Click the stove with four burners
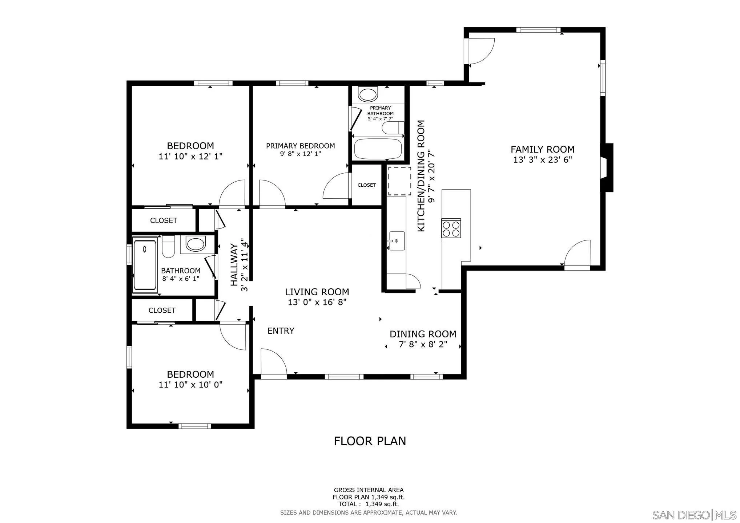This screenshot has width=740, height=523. [x=451, y=228]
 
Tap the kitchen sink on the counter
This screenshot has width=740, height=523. [x=397, y=240]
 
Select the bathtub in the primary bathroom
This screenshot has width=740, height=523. [x=378, y=149]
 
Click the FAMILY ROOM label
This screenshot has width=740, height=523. [x=542, y=149]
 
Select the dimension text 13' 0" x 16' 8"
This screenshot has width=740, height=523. [x=317, y=302]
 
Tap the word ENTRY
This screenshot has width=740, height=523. [x=281, y=331]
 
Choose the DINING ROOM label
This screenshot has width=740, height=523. [x=423, y=334]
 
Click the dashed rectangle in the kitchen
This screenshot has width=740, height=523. [x=399, y=181]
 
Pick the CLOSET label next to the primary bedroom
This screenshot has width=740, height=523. [x=366, y=185]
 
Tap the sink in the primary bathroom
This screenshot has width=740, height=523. [x=368, y=94]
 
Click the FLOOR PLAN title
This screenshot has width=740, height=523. [x=370, y=441]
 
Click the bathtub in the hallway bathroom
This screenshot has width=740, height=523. [x=145, y=264]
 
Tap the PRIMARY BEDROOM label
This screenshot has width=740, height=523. [x=300, y=146]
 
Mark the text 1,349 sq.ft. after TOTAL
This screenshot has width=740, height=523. [x=382, y=504]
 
